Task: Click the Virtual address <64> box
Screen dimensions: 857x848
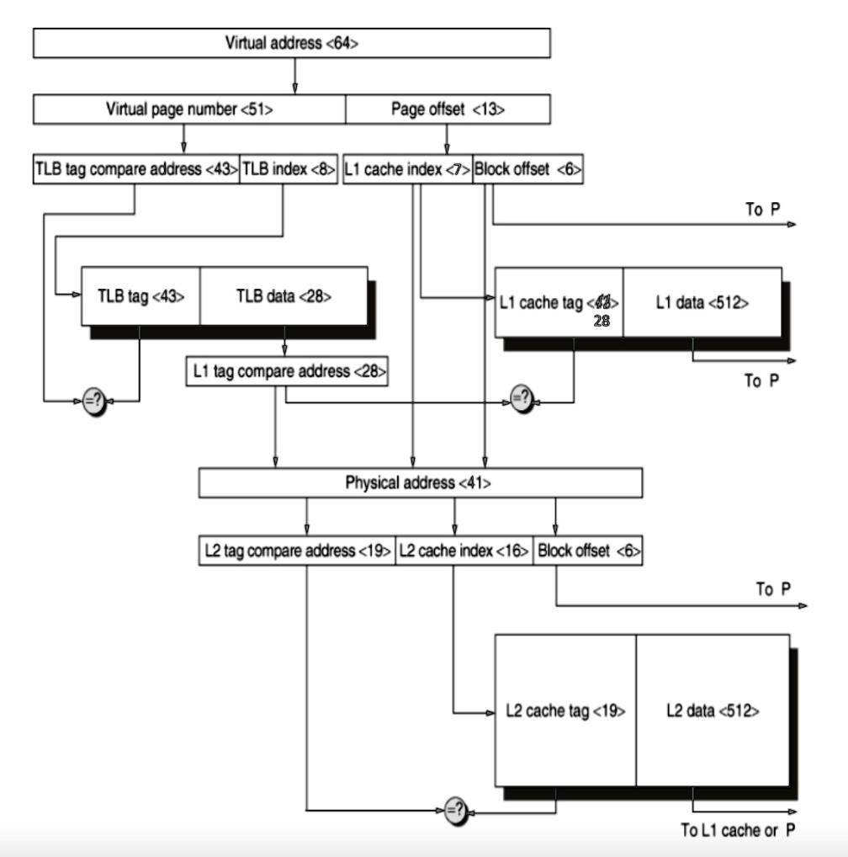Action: pos(292,43)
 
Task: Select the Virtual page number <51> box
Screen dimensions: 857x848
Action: pos(189,109)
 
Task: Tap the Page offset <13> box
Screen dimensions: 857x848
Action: pos(448,109)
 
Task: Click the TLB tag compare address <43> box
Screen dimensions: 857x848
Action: pos(135,169)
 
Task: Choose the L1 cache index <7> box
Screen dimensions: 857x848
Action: pos(408,169)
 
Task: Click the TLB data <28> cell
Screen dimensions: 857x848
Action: pos(284,295)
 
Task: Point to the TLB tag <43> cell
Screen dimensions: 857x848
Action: pos(140,295)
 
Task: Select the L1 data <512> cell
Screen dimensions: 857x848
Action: pos(702,302)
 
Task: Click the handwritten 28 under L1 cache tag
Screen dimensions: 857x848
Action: pos(602,321)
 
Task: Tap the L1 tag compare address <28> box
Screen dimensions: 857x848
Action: pos(287,371)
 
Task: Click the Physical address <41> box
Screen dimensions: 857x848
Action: pos(420,483)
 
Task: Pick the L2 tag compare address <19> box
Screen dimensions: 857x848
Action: pos(297,551)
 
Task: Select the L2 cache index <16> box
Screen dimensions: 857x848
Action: pos(464,551)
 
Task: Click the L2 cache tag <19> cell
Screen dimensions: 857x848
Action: pos(565,711)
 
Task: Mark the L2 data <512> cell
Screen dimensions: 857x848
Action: pos(712,711)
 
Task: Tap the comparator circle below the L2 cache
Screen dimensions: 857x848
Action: pos(454,812)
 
